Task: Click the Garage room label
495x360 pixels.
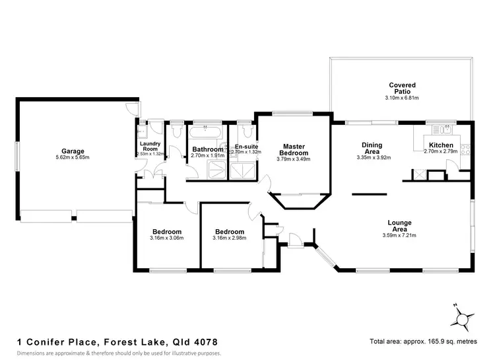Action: (x=73, y=151)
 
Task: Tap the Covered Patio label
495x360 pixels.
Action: (x=402, y=88)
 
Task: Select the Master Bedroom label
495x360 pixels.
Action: (x=292, y=149)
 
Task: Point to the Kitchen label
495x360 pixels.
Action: (x=440, y=145)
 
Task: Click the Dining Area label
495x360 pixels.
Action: (x=373, y=148)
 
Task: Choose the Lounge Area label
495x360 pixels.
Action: (x=400, y=226)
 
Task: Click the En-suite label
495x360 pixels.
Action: (x=246, y=146)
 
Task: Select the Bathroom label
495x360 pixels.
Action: (x=207, y=149)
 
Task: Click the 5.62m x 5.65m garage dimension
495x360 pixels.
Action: (x=73, y=157)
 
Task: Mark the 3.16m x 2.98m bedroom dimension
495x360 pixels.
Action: (x=229, y=238)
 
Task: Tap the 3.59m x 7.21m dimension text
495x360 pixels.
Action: (x=400, y=235)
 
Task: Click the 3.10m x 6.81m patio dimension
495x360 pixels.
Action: (x=402, y=98)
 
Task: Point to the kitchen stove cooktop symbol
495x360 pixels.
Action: (x=466, y=149)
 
